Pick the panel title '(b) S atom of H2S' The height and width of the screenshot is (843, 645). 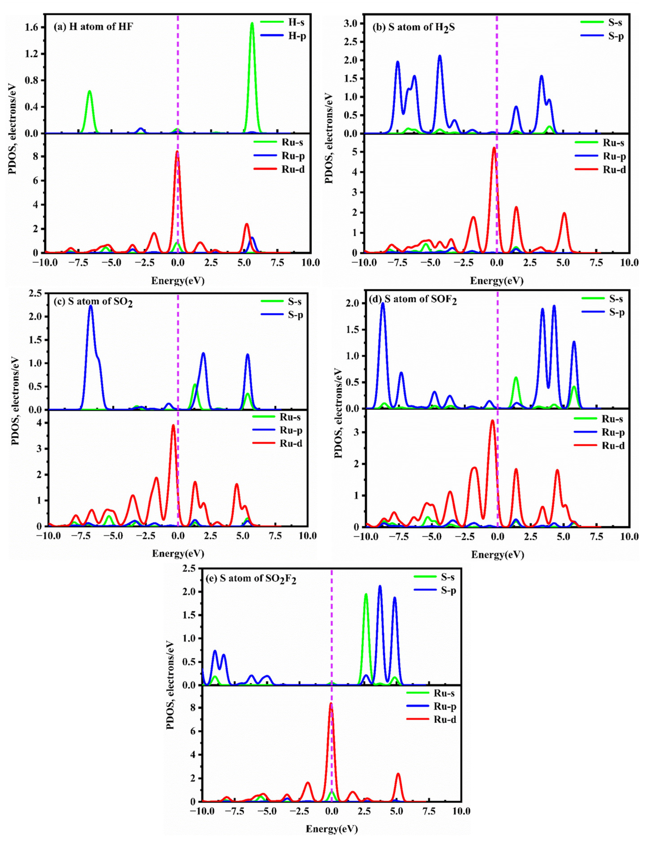click(414, 28)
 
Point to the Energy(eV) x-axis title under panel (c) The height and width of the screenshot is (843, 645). click(178, 553)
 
